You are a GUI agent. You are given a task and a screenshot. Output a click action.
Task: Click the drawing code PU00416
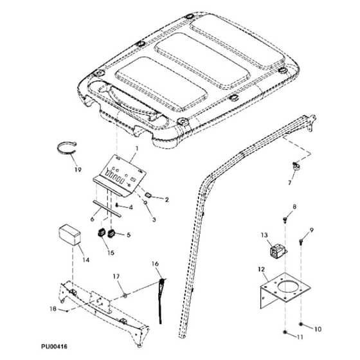54,346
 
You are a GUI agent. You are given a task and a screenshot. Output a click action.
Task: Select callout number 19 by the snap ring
78,170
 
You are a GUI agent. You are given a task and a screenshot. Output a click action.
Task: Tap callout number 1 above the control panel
137,148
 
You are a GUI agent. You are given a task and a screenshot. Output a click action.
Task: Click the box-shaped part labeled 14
69,235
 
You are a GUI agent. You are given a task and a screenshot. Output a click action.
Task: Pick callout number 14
85,260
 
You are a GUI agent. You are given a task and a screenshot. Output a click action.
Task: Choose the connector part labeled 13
278,253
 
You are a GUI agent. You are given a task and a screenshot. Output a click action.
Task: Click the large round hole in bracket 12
289,286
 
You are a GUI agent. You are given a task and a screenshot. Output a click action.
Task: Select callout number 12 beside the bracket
262,269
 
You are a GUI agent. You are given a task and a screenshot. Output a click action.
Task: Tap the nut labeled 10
301,324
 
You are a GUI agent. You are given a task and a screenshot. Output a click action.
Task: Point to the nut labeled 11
285,332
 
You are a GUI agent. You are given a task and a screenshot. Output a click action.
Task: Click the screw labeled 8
285,220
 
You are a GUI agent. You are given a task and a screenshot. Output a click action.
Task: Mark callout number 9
311,230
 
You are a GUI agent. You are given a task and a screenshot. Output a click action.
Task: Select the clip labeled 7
296,166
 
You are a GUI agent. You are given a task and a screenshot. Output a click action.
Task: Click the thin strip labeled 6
107,209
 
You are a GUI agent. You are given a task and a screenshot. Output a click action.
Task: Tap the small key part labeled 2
148,195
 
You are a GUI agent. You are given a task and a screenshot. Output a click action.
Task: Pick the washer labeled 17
125,296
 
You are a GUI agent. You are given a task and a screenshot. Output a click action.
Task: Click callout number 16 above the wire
155,264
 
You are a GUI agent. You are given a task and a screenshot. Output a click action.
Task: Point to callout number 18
53,309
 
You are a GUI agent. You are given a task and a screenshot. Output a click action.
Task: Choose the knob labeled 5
111,233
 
